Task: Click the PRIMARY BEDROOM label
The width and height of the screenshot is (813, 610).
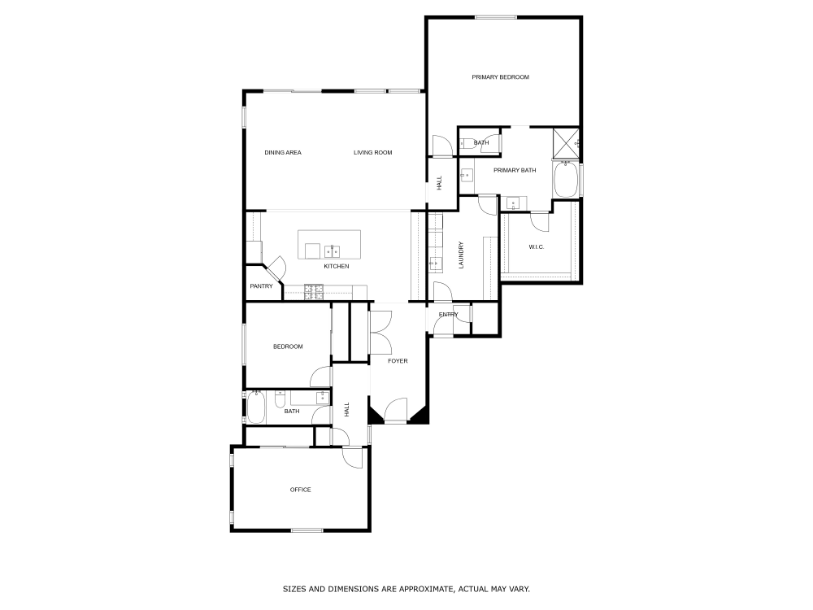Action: (500, 77)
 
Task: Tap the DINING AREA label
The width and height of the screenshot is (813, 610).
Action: (283, 152)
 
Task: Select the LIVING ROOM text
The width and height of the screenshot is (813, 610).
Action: (373, 152)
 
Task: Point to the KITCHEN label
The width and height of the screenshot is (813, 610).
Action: (337, 267)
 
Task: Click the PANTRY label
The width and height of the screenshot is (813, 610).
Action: (261, 286)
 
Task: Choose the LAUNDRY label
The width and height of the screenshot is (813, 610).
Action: (461, 255)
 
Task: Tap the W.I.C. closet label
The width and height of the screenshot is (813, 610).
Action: (536, 246)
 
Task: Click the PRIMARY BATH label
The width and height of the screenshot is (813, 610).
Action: (515, 170)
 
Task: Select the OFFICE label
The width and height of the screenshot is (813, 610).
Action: (301, 490)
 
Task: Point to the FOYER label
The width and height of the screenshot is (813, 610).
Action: (398, 361)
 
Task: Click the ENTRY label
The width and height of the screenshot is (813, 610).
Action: (448, 315)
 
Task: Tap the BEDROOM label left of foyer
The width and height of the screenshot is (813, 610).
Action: (288, 346)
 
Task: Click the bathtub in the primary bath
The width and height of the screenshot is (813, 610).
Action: (566, 180)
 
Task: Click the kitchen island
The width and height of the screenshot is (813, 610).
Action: (330, 245)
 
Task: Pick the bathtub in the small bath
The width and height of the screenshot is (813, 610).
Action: (256, 408)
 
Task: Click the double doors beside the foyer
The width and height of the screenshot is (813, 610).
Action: (380, 332)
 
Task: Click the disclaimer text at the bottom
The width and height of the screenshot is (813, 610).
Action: (406, 588)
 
